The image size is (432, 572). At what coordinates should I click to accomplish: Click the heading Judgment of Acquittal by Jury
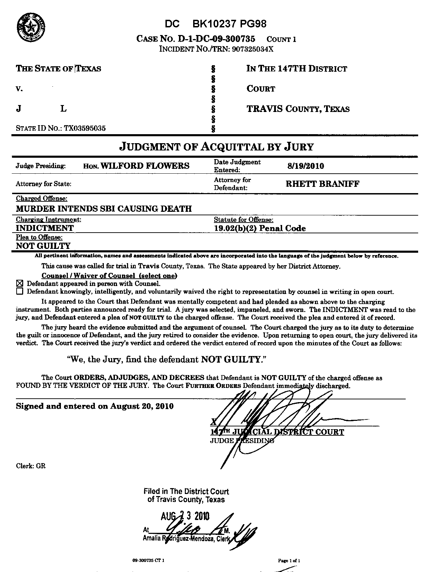(x=216, y=147)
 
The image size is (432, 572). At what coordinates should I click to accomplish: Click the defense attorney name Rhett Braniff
(x=322, y=184)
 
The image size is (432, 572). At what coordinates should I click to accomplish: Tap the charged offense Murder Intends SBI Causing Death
(x=104, y=209)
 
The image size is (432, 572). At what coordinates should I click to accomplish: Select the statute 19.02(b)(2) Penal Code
(x=260, y=228)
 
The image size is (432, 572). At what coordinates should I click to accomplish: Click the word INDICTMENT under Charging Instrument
(x=45, y=228)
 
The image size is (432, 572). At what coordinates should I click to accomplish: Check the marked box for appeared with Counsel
(x=19, y=283)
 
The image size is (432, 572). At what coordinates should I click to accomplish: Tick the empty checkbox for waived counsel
(x=19, y=292)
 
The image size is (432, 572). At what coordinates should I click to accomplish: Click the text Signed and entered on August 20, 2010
(x=95, y=406)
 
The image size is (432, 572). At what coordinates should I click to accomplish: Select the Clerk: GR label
(x=31, y=466)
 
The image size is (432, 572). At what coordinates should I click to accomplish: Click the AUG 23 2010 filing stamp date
(x=185, y=517)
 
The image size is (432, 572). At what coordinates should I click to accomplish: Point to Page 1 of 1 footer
(x=289, y=561)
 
